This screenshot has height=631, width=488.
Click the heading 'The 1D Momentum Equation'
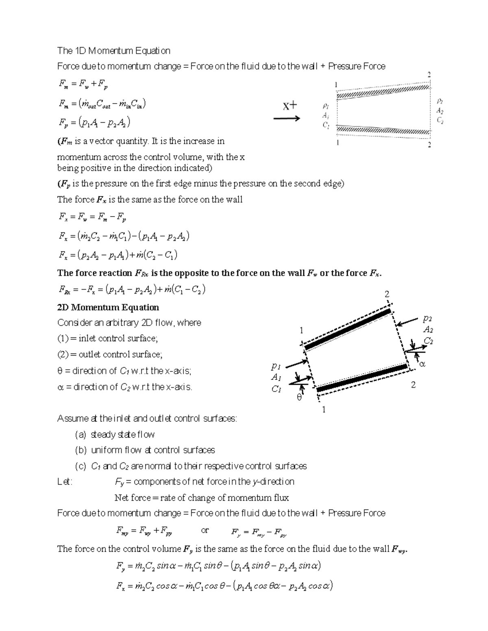[113, 51]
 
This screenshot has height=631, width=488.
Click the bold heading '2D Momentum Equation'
[108, 307]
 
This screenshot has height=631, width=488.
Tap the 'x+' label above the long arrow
[290, 106]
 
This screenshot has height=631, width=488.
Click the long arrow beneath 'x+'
[287, 119]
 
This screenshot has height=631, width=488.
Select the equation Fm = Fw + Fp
[83, 85]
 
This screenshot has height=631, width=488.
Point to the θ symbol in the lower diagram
[299, 398]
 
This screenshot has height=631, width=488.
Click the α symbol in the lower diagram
[422, 364]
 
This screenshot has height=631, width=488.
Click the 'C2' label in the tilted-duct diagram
[428, 340]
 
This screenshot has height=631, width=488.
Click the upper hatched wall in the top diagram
[382, 91]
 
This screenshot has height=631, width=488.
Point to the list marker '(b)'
[81, 450]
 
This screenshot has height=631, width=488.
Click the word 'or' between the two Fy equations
[205, 530]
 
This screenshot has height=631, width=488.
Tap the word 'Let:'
[65, 482]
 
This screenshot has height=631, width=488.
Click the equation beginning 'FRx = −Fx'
[132, 290]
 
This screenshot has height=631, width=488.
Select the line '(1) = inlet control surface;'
[107, 338]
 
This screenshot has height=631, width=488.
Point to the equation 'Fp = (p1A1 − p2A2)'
[94, 122]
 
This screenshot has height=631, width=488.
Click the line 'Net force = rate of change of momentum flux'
[202, 498]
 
